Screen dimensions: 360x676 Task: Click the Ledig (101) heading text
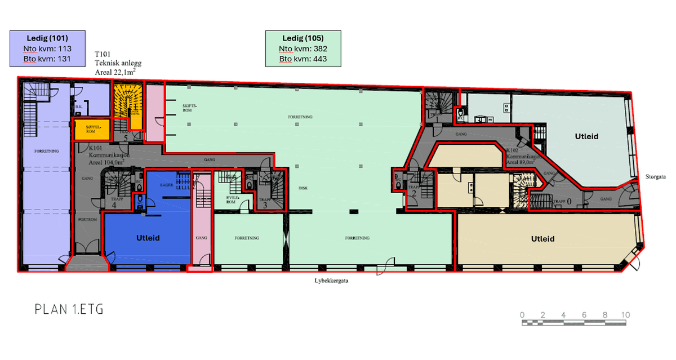tap(47, 38)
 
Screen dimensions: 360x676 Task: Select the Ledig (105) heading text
tap(303, 38)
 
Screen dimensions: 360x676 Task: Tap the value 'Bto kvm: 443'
tap(303, 59)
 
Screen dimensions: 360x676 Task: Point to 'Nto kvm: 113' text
tap(47, 48)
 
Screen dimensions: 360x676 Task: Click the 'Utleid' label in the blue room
tap(148, 238)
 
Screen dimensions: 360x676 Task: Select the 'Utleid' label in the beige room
tap(542, 239)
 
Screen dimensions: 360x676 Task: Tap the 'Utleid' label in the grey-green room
tap(586, 136)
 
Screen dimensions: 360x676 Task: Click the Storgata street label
tap(656, 176)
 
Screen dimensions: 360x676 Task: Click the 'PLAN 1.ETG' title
tap(69, 309)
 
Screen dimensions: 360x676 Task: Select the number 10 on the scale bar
tap(625, 314)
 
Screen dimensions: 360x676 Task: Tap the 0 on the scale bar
tap(522, 314)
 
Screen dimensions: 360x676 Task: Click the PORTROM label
tap(87, 219)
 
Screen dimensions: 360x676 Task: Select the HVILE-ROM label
tap(231, 199)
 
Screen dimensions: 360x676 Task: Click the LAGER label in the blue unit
tap(166, 184)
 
